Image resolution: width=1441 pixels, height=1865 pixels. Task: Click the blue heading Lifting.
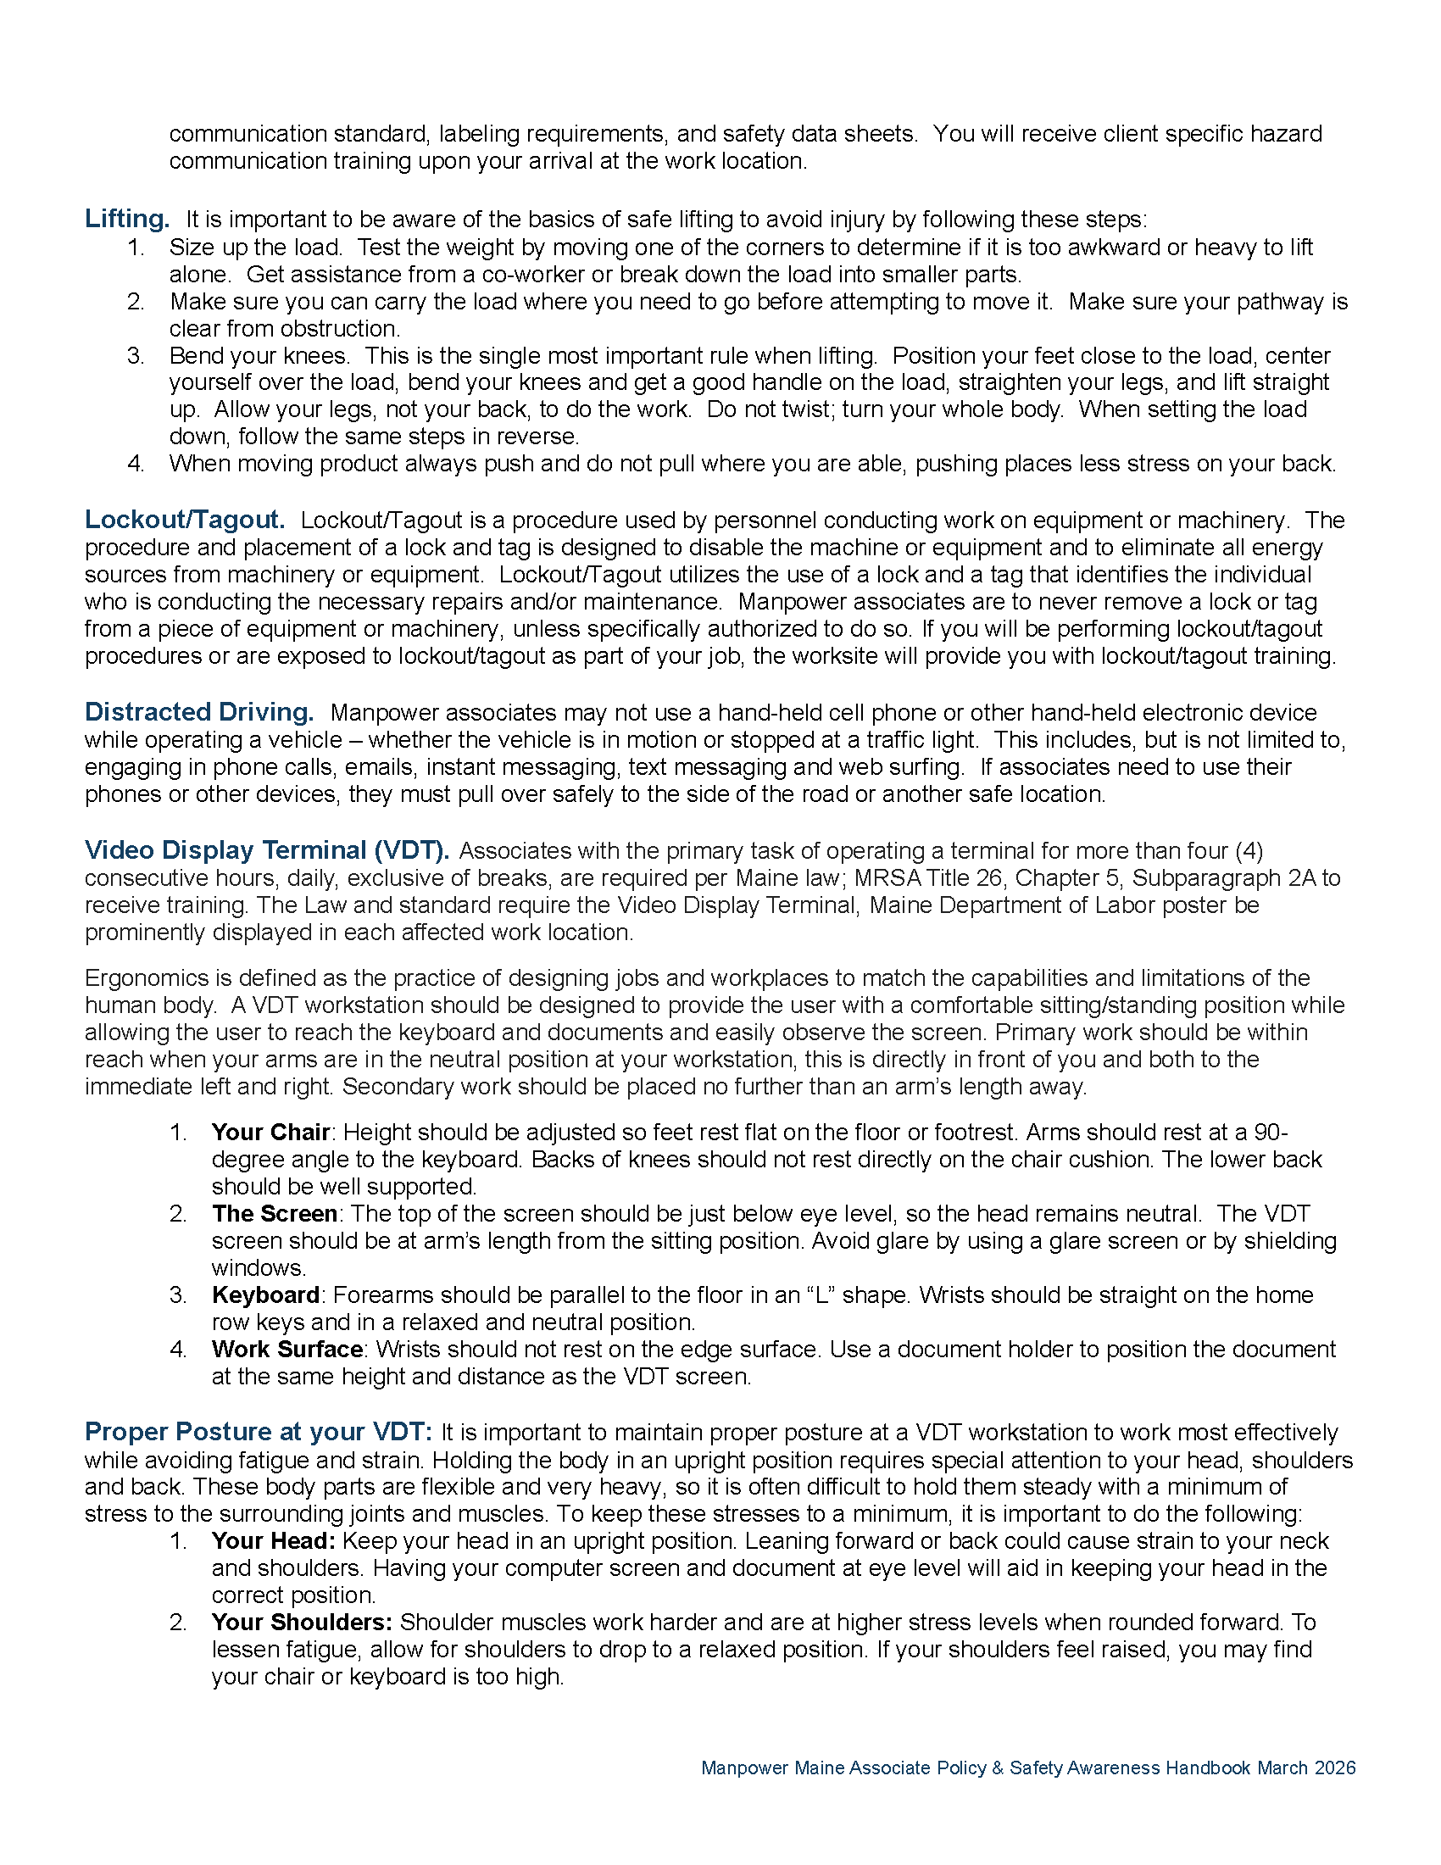click(x=126, y=219)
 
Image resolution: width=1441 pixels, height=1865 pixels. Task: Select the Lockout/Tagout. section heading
click(x=185, y=519)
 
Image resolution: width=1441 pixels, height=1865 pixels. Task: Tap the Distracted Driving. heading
click(x=199, y=711)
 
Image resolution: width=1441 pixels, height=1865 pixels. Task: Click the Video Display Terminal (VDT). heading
click(x=266, y=849)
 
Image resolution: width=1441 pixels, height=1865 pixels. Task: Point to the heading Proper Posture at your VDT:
click(x=259, y=1431)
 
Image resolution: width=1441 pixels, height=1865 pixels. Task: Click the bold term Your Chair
click(x=270, y=1132)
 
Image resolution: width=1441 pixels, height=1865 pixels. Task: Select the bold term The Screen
click(x=274, y=1213)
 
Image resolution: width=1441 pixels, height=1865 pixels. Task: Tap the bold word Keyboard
click(x=265, y=1294)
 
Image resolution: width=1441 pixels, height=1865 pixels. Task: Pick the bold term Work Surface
click(x=287, y=1350)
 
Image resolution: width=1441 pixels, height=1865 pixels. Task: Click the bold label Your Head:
click(x=273, y=1540)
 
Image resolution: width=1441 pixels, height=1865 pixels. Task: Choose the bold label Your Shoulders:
click(x=302, y=1622)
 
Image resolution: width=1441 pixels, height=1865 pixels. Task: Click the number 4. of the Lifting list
click(x=136, y=464)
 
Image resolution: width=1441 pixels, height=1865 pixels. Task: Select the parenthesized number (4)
click(x=1248, y=850)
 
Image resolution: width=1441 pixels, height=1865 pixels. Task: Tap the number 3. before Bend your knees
click(x=136, y=355)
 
